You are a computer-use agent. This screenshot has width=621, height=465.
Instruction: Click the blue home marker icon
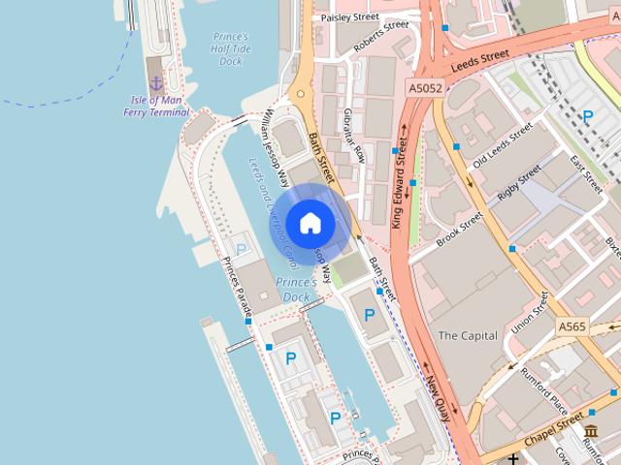pos(310,223)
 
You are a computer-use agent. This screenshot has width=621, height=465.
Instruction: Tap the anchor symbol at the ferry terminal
pos(155,85)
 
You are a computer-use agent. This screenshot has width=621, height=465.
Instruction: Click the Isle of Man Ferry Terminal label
pos(156,107)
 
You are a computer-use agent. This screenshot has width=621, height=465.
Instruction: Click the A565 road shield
pos(572,328)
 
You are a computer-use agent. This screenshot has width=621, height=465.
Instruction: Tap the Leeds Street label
pos(480,63)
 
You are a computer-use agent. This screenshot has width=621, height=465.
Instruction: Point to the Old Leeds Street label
pos(501,145)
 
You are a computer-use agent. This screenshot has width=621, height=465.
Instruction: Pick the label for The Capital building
pos(468,336)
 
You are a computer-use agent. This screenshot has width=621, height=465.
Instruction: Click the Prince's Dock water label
pos(295,289)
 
